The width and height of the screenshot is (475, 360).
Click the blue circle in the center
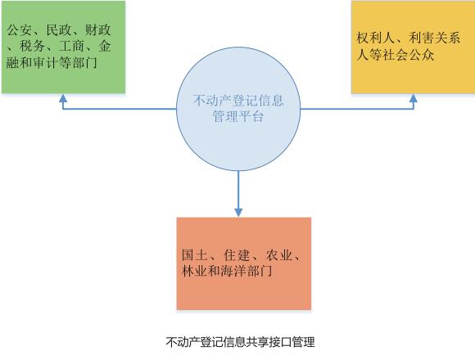point(238,109)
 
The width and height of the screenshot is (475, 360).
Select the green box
point(63,47)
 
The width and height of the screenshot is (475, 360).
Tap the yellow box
point(414,47)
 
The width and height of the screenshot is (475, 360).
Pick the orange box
point(244,263)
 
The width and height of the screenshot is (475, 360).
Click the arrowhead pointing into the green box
point(63,97)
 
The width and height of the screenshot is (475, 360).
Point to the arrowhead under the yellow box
point(414,97)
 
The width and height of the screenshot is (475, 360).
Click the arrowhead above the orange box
point(238,213)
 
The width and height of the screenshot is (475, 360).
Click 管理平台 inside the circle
point(238,116)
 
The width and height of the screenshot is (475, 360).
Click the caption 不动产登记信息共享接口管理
point(240,342)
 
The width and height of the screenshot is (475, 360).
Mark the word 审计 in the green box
point(45,63)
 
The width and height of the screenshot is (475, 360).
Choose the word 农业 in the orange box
point(278,255)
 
